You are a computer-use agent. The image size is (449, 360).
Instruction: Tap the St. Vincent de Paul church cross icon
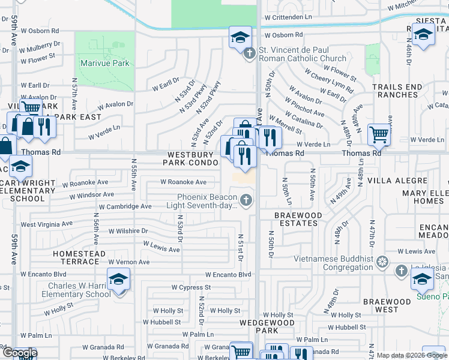coord(250,53)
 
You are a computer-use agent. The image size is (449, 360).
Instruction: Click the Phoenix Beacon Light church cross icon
coord(245,199)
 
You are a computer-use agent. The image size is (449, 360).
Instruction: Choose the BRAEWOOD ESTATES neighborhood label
coord(297,219)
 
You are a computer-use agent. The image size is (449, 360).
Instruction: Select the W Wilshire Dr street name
coord(128,231)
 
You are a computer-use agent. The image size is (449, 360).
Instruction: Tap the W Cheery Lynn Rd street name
coord(329,80)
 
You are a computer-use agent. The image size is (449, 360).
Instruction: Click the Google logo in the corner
coord(19,353)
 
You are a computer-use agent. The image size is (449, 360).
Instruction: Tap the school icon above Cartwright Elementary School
coord(20,167)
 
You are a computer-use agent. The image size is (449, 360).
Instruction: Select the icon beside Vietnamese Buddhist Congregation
coord(381,262)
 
